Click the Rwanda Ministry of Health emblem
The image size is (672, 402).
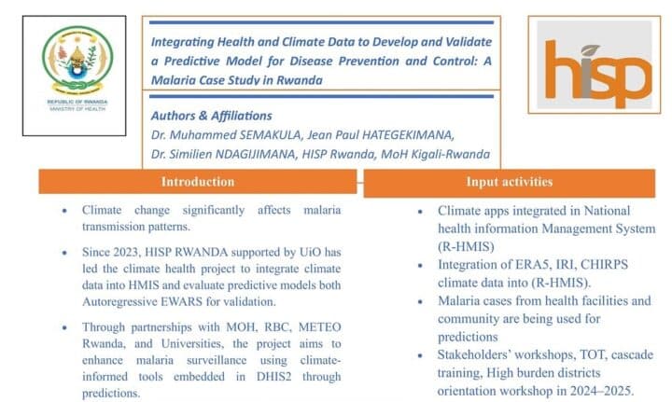77,60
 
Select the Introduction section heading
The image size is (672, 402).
198,182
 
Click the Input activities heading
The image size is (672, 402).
510,182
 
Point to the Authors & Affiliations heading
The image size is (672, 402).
211,116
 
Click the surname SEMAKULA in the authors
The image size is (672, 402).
271,135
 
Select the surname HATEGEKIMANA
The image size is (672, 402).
407,135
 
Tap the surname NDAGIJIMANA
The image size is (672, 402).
255,154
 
